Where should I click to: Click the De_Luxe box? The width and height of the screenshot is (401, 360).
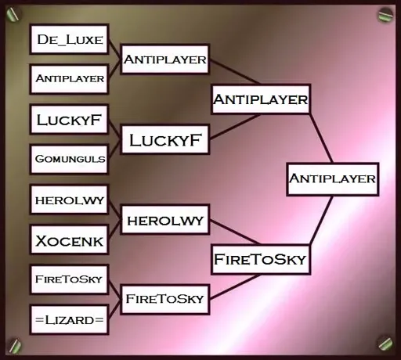click(x=69, y=39)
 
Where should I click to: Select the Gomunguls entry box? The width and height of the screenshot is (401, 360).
click(x=69, y=159)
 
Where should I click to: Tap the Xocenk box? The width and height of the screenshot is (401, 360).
click(x=69, y=240)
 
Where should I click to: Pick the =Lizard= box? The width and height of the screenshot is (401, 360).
click(x=69, y=320)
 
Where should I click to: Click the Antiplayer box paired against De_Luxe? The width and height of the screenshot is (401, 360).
click(x=69, y=79)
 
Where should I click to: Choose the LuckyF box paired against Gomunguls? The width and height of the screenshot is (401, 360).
click(x=69, y=120)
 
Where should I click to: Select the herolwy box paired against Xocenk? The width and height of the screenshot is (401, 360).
click(x=69, y=200)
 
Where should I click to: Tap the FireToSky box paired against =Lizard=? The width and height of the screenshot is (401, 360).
click(x=69, y=279)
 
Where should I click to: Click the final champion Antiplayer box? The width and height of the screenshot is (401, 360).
click(x=333, y=179)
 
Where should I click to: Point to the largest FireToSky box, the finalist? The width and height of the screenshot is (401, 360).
click(x=261, y=259)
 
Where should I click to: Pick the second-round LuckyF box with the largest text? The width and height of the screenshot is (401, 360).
click(x=165, y=140)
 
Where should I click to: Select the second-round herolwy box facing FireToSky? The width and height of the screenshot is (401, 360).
click(x=165, y=220)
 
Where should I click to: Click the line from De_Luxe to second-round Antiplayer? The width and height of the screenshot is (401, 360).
click(x=114, y=49)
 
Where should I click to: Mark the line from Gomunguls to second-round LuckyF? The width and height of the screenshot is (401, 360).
click(x=114, y=149)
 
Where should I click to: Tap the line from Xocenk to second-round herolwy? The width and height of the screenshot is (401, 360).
click(x=114, y=229)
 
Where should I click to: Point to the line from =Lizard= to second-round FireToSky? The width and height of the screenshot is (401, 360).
click(x=114, y=309)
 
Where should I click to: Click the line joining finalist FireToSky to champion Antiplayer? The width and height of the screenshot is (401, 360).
click(x=321, y=220)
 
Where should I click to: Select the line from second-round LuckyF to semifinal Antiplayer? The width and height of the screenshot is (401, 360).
click(x=236, y=126)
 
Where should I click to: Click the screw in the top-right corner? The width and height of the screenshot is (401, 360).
click(x=385, y=14)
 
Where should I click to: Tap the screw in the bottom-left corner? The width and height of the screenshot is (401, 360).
click(x=15, y=345)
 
